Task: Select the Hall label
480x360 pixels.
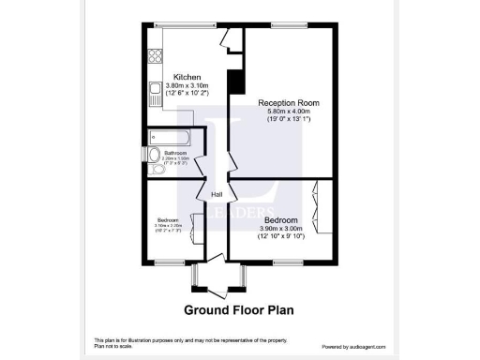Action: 217,194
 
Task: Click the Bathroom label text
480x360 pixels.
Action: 175,153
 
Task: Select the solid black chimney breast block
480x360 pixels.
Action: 234,82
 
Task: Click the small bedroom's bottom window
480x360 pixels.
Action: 169,262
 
